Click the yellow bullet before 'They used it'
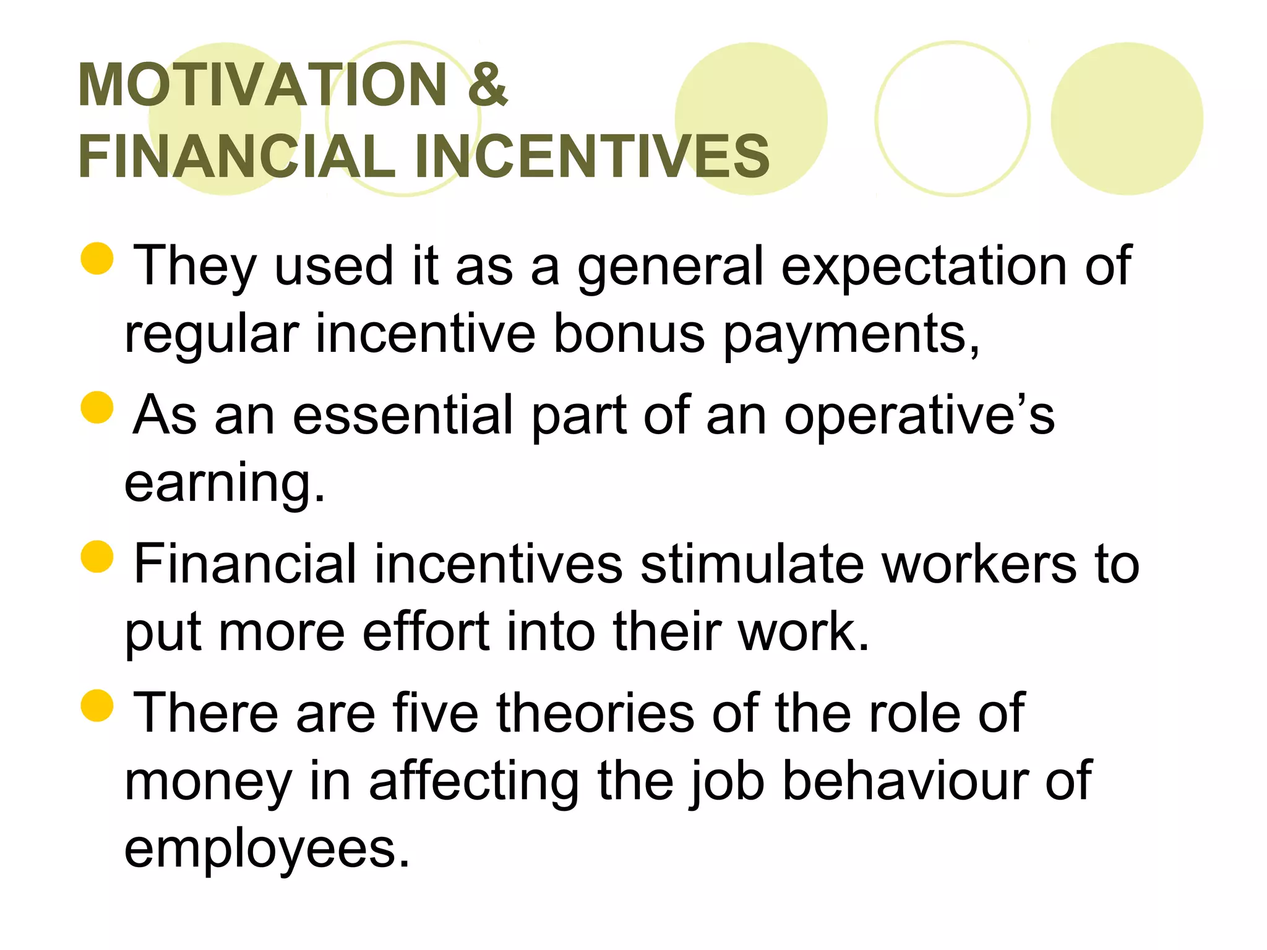[x=97, y=258]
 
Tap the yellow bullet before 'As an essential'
[x=97, y=407]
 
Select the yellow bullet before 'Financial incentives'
[x=97, y=556]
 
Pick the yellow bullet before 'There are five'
[x=97, y=706]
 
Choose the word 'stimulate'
[x=751, y=564]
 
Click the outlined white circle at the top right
[x=952, y=119]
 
